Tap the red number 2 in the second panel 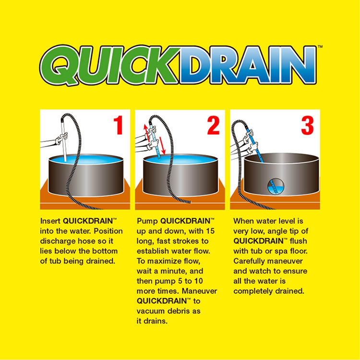(213, 125)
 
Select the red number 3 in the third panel (307, 126)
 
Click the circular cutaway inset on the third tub (276, 186)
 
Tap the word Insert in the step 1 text (50, 221)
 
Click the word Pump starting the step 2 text (147, 221)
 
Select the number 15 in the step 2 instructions (210, 231)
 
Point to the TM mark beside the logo (320, 47)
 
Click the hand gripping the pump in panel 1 (62, 138)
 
